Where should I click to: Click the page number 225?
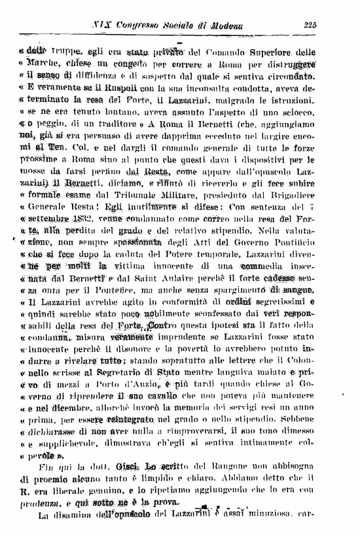pyautogui.click(x=310, y=26)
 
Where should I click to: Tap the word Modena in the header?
pyautogui.click(x=226, y=26)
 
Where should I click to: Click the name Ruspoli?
pyautogui.click(x=126, y=86)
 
